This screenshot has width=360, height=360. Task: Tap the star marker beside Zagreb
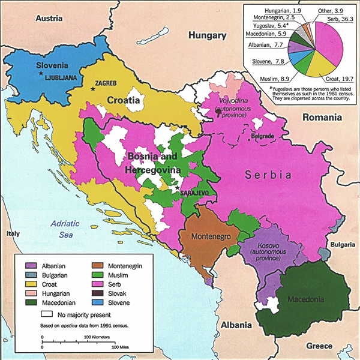click(92, 89)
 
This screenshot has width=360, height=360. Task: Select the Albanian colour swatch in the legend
click(31, 266)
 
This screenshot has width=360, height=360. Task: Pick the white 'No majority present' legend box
click(46, 313)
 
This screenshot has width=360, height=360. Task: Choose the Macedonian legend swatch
click(31, 304)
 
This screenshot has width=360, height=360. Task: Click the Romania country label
click(321, 118)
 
